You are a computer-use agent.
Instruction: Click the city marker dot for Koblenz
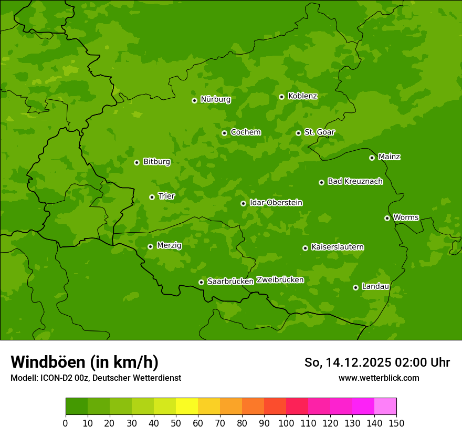pos(282,97)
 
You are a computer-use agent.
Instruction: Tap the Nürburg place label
pos(215,99)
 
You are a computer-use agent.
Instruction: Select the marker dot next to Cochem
pos(224,133)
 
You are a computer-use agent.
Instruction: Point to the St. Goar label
pos(319,132)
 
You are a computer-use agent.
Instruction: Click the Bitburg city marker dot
pos(136,162)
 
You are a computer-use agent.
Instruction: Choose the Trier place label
pos(166,196)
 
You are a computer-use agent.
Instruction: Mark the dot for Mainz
pos(372,158)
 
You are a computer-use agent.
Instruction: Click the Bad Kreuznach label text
pos(355,181)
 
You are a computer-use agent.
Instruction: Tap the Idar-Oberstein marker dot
pos(243,203)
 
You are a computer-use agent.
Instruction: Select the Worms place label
pos(406,217)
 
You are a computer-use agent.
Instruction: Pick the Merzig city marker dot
pos(150,246)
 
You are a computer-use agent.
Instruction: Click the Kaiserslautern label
pos(338,247)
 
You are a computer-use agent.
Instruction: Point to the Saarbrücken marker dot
pos(201,282)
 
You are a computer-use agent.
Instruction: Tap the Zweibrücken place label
pos(280,280)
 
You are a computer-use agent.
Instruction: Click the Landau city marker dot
pos(355,287)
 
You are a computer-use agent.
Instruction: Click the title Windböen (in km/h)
pos(85,362)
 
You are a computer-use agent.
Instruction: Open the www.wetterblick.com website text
pos(379,378)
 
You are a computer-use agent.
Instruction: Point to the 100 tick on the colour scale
pos(286,423)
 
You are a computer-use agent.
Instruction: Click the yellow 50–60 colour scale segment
pos(187,407)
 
